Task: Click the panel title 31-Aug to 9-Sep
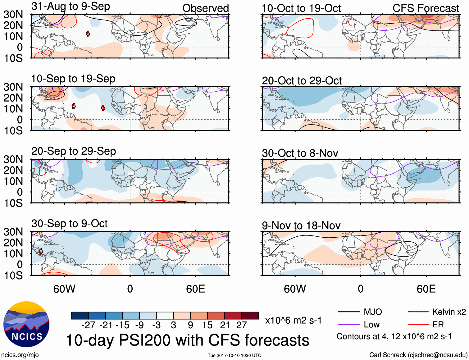[71, 7]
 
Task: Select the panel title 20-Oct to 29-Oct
[302, 81]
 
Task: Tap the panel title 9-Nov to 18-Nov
[301, 226]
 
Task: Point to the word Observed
[205, 8]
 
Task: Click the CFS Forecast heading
[426, 8]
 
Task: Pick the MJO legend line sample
[348, 312]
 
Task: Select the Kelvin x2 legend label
[449, 312]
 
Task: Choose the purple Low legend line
[348, 325]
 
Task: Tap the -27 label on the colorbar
[88, 325]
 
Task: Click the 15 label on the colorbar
[207, 325]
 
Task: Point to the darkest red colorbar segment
[250, 316]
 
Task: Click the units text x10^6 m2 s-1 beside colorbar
[293, 321]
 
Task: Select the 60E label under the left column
[195, 289]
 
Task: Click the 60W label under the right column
[295, 289]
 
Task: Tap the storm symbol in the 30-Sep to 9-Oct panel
[41, 251]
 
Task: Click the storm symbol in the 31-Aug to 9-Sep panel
[88, 34]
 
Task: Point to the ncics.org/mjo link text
[20, 355]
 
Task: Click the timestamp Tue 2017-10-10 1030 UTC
[234, 355]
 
